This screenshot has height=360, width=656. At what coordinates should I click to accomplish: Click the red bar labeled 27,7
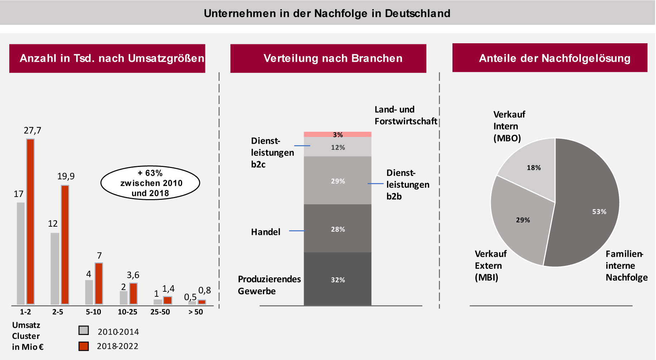[30, 222]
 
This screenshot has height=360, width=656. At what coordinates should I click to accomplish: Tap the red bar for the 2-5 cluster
[65, 245]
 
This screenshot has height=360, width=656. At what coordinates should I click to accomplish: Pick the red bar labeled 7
[99, 283]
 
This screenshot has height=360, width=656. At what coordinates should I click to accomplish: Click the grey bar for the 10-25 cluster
[123, 297]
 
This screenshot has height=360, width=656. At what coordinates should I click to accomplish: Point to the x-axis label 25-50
[160, 312]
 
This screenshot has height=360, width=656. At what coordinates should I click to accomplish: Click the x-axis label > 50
[196, 312]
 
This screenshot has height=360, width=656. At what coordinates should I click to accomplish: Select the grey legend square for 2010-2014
[84, 330]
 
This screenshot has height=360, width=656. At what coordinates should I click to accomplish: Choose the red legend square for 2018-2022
[84, 346]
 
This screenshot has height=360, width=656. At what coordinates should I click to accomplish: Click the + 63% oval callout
[150, 183]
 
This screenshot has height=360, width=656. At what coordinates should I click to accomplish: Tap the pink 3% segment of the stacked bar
[337, 134]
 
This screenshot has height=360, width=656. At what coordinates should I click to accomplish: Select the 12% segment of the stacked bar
[337, 147]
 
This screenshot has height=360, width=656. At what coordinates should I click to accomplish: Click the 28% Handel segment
[337, 228]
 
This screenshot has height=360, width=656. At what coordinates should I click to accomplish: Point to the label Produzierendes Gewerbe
[269, 285]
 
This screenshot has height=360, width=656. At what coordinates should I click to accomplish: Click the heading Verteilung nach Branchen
[333, 58]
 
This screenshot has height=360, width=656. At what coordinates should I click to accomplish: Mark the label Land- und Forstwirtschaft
[406, 115]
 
